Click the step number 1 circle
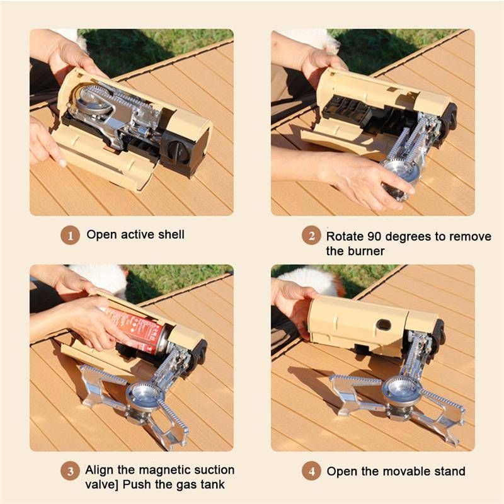pos(71,236)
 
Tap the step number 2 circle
pos(311,237)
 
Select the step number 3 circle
pos(71,471)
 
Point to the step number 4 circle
pos(311,471)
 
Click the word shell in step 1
pos(171,234)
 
